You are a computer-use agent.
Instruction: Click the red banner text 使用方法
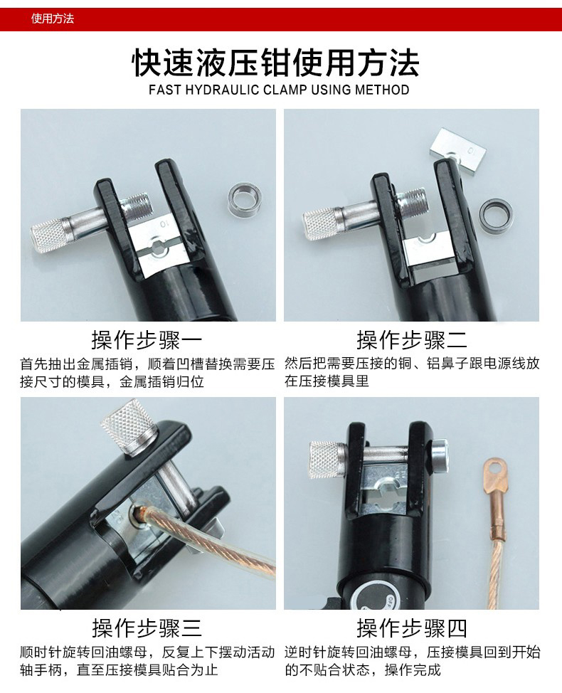53,19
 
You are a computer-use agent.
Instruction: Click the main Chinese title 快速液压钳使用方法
276,63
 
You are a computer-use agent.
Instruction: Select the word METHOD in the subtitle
382,90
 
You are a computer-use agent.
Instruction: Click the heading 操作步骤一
147,340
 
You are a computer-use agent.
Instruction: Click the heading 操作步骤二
412,340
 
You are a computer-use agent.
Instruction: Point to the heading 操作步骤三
147,628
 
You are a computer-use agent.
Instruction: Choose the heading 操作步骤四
412,628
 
